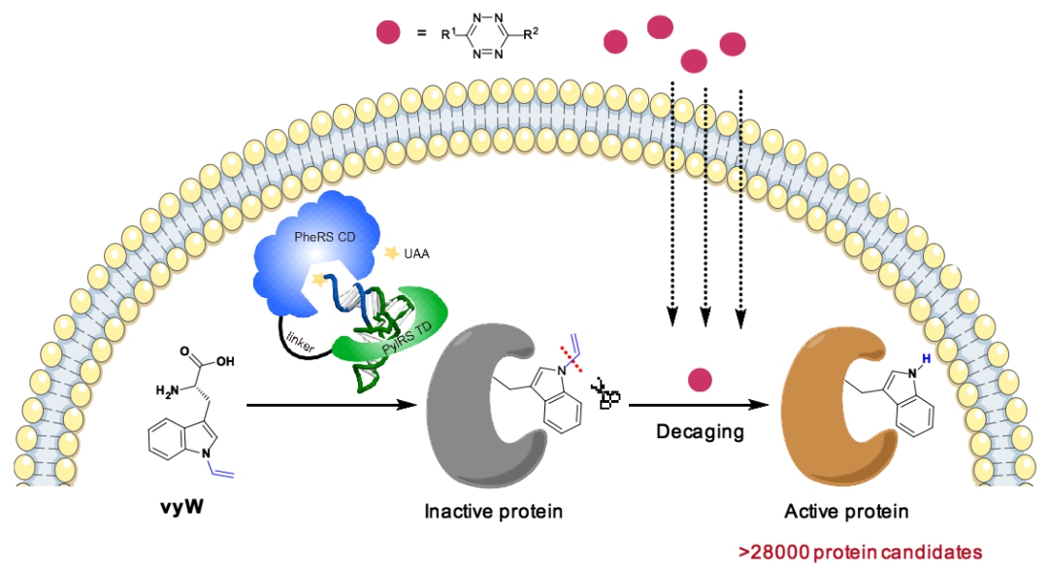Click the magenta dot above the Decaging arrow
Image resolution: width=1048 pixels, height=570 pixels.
coord(695,379)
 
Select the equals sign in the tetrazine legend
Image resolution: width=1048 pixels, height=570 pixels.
coord(421,35)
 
